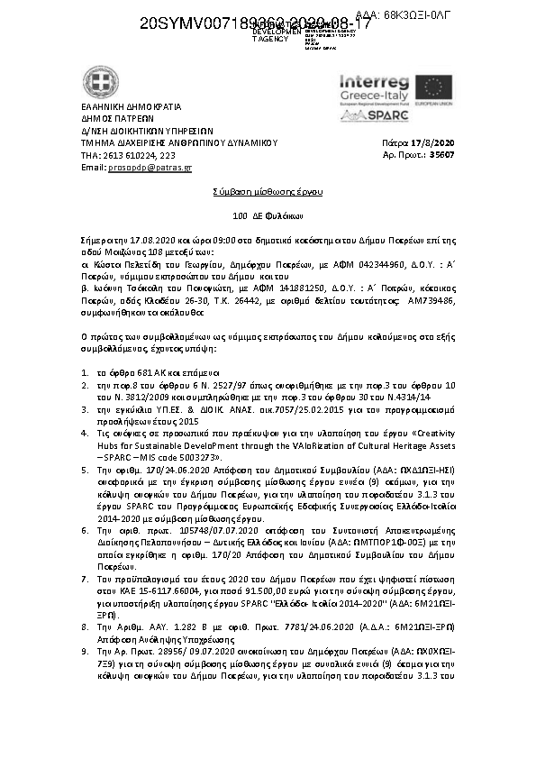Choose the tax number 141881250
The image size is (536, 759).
(x=276, y=287)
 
